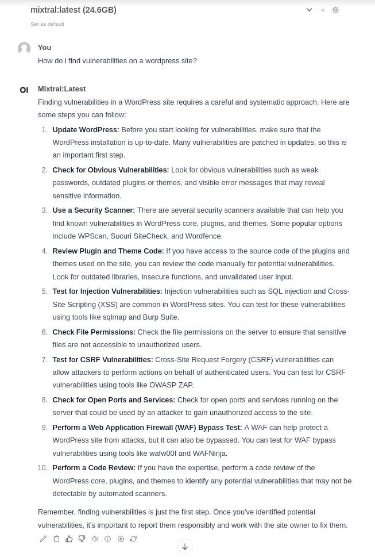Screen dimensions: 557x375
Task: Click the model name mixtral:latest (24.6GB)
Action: tap(74, 10)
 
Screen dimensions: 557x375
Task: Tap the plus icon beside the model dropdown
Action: tap(323, 10)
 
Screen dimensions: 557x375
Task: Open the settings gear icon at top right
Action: tap(336, 10)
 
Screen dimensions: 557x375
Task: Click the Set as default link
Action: tap(48, 24)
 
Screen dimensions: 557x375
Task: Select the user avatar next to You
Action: tap(24, 48)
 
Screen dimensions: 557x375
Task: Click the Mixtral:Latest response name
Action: tap(61, 89)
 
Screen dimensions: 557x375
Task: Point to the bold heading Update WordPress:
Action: tap(86, 129)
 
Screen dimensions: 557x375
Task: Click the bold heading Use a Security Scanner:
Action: tap(94, 210)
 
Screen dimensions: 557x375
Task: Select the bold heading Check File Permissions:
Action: tap(94, 332)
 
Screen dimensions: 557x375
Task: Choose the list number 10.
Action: tap(42, 467)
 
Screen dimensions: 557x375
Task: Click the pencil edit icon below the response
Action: tap(43, 539)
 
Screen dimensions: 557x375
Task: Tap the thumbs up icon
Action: tap(69, 539)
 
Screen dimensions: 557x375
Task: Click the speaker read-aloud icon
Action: tap(95, 539)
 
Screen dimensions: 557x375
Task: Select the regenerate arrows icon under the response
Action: tap(133, 539)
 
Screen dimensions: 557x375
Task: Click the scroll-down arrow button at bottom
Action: tap(185, 546)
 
